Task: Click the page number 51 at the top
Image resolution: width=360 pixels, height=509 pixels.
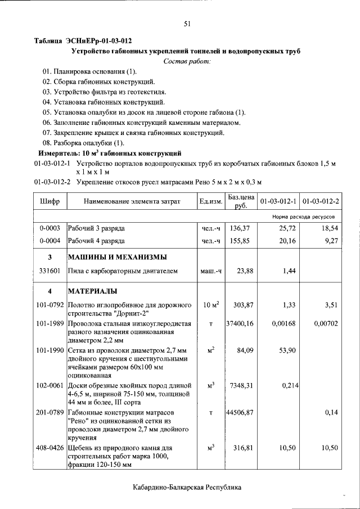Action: pyautogui.click(x=187, y=23)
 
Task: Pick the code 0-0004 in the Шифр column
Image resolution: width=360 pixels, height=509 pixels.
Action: pyautogui.click(x=49, y=241)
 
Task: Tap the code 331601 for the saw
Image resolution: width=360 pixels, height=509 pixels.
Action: pyautogui.click(x=49, y=271)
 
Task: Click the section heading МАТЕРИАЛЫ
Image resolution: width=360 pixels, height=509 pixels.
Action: pyautogui.click(x=93, y=291)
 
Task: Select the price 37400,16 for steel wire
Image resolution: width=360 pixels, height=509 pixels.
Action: pyautogui.click(x=240, y=324)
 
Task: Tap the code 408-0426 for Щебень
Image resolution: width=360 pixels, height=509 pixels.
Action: pyautogui.click(x=49, y=448)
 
